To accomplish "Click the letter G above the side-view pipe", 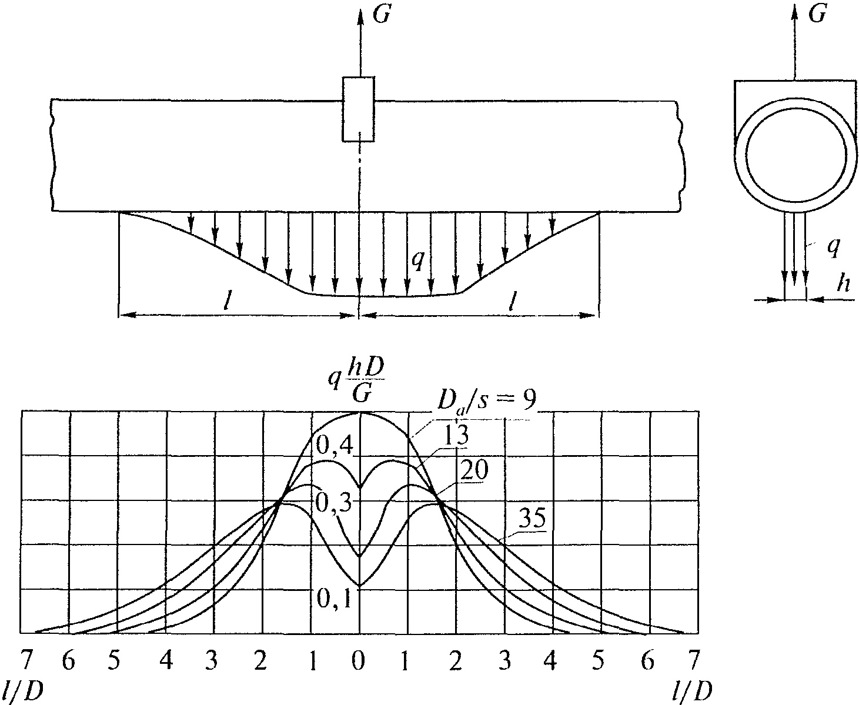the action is click(382, 15).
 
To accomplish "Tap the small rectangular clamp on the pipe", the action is click(358, 109).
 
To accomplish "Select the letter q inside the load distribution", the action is click(418, 259).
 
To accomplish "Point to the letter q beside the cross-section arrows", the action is click(833, 246).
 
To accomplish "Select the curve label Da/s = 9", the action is click(487, 400).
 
